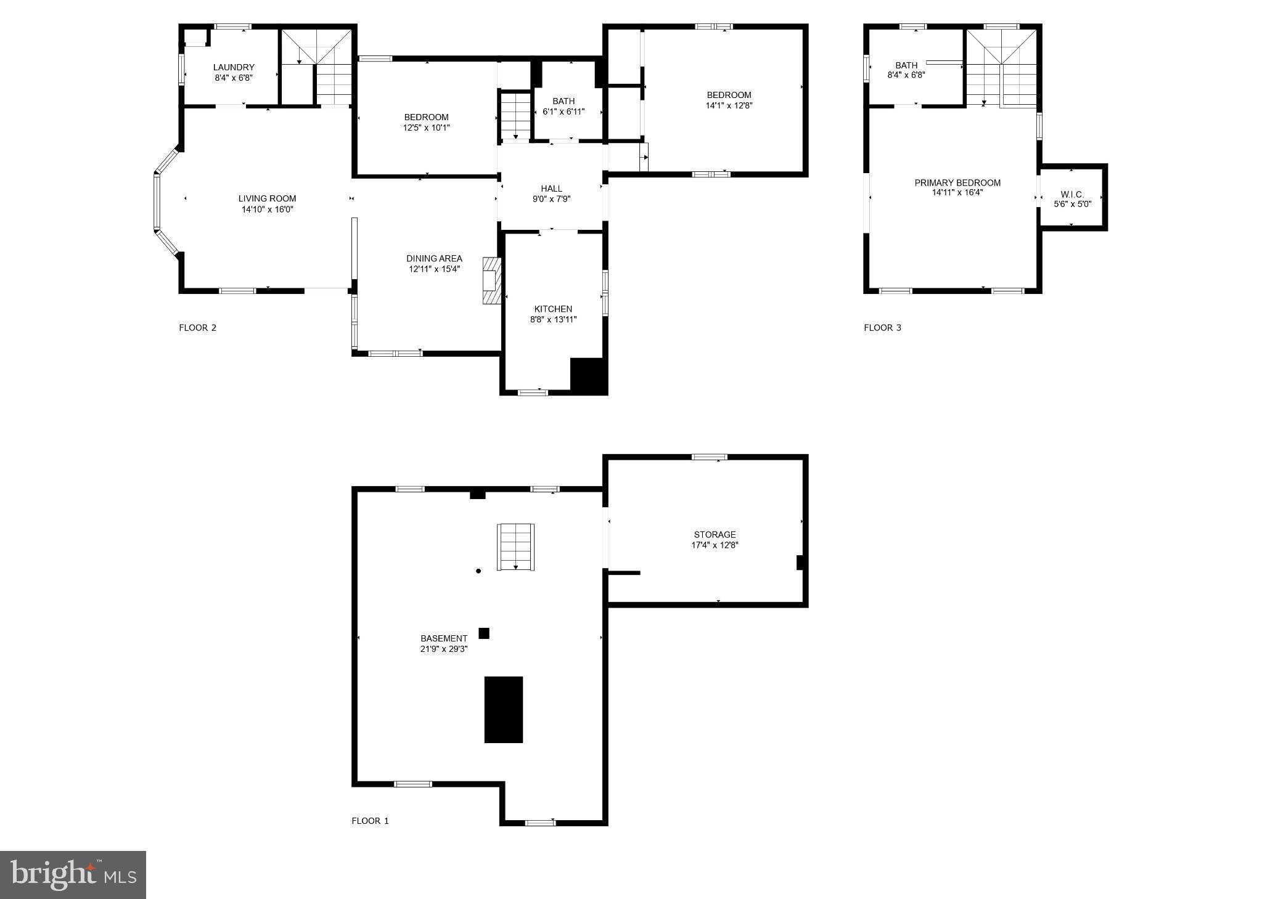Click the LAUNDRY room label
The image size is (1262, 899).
pyautogui.click(x=234, y=67)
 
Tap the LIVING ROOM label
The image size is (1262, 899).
pyautogui.click(x=267, y=198)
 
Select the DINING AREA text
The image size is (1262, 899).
pyautogui.click(x=434, y=259)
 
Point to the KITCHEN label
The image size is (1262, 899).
pyautogui.click(x=553, y=309)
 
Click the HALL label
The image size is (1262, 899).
pyautogui.click(x=551, y=189)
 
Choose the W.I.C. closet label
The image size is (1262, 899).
pyautogui.click(x=1072, y=194)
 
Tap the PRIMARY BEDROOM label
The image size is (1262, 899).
pyautogui.click(x=957, y=182)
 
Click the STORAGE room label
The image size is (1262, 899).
pyautogui.click(x=715, y=534)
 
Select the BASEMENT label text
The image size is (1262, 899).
pyautogui.click(x=444, y=638)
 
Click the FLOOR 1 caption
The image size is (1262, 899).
pyautogui.click(x=370, y=821)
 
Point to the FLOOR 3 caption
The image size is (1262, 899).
pyautogui.click(x=882, y=328)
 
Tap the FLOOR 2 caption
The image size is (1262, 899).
pyautogui.click(x=197, y=328)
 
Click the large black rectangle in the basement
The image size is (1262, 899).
pyautogui.click(x=503, y=710)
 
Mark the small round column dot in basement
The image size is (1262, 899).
pyautogui.click(x=478, y=571)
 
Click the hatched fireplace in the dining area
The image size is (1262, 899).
pyautogui.click(x=492, y=280)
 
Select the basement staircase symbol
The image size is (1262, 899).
pyautogui.click(x=515, y=547)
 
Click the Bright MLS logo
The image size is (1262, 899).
pyautogui.click(x=73, y=875)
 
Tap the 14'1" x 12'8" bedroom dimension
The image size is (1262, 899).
pyautogui.click(x=729, y=105)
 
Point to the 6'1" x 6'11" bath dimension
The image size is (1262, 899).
pyautogui.click(x=563, y=112)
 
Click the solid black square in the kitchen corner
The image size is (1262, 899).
pyautogui.click(x=589, y=375)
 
